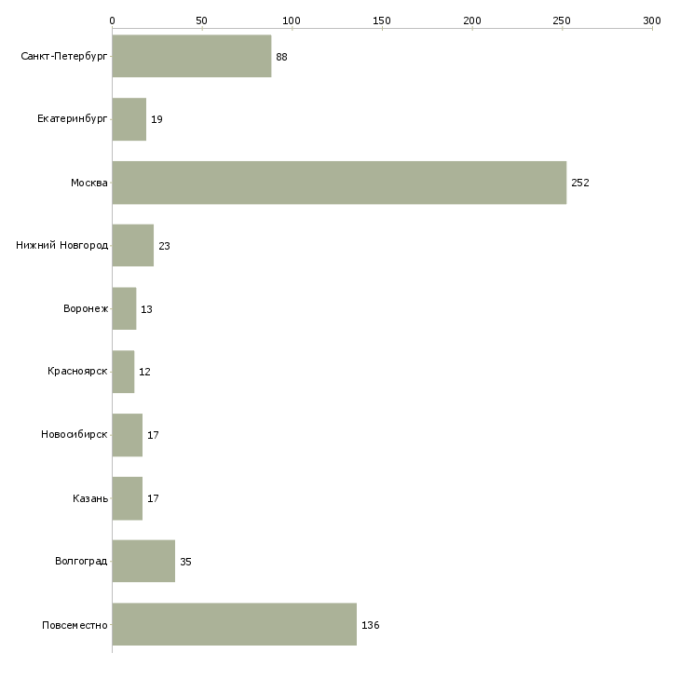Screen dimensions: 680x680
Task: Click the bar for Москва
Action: pyautogui.click(x=339, y=183)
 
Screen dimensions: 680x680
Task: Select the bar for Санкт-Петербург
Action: pyautogui.click(x=192, y=56)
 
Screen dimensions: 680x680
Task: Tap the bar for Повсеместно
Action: pyautogui.click(x=234, y=624)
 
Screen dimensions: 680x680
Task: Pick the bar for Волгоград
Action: pyautogui.click(x=143, y=561)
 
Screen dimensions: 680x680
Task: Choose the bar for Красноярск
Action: pyautogui.click(x=123, y=372)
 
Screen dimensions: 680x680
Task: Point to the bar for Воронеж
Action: pyautogui.click(x=124, y=308)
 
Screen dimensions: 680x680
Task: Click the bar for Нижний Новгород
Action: pyautogui.click(x=132, y=246)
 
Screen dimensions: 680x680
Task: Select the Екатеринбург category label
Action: pyautogui.click(x=72, y=119)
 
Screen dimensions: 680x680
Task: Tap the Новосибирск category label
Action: pyautogui.click(x=75, y=434)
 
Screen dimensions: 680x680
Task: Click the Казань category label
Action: pyautogui.click(x=90, y=498)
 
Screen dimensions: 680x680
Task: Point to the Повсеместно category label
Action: pyautogui.click(x=75, y=625)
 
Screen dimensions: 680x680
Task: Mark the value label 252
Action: pyautogui.click(x=580, y=183)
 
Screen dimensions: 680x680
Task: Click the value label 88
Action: pyautogui.click(x=281, y=57)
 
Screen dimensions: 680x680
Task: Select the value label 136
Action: pyautogui.click(x=371, y=625)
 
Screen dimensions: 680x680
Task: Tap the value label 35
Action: pyautogui.click(x=185, y=562)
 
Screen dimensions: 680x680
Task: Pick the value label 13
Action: pyautogui.click(x=146, y=309)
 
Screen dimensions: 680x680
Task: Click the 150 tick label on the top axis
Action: pyautogui.click(x=382, y=20)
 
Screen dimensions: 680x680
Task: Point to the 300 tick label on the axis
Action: pyautogui.click(x=652, y=20)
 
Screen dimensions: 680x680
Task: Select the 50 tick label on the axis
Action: pyautogui.click(x=201, y=20)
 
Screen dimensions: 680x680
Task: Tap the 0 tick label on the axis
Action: pyautogui.click(x=112, y=20)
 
